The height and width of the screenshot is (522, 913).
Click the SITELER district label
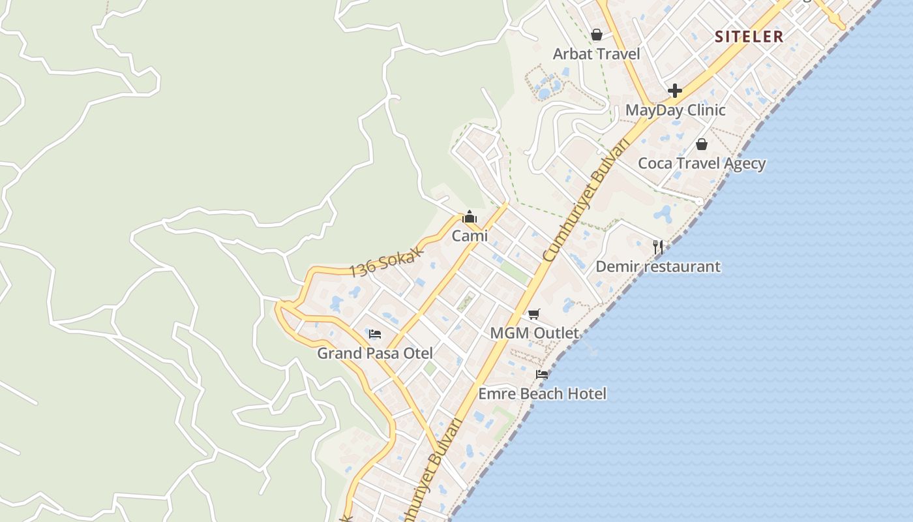[x=749, y=37]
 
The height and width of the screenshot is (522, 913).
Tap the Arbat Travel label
[x=596, y=54]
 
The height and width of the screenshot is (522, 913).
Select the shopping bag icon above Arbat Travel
[x=596, y=35]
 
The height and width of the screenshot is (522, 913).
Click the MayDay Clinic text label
[x=675, y=110]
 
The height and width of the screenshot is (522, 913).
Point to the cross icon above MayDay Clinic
[x=675, y=90]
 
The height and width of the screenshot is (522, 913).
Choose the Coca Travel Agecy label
[x=701, y=163]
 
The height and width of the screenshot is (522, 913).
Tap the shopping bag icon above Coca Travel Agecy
[x=701, y=144]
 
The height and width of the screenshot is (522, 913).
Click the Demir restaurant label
[x=657, y=266]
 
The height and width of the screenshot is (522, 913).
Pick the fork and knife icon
[x=658, y=247]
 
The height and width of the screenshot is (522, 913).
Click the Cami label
[x=470, y=236]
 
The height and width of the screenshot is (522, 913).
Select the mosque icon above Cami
[x=470, y=217]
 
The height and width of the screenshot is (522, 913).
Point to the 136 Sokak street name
[x=387, y=262]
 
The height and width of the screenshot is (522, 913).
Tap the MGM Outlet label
[x=534, y=333]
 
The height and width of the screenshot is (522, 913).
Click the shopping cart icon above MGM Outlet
[x=534, y=314]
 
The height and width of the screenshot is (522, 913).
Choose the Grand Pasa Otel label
[x=375, y=353]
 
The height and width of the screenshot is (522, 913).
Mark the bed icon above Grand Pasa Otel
[x=375, y=334]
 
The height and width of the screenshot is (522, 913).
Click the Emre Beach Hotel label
[x=542, y=393]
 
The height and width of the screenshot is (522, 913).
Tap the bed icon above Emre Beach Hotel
[x=542, y=374]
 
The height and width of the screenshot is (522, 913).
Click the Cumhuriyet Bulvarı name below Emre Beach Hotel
[x=435, y=468]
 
